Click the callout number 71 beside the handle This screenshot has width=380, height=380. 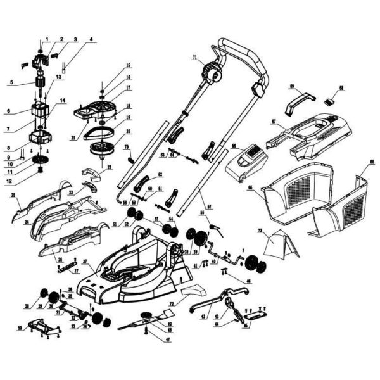194,58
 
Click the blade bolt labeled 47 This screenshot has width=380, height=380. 146,331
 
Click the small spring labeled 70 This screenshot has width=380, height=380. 132,160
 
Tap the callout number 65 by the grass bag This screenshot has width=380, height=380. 250,188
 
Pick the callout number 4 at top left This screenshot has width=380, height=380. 91,39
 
